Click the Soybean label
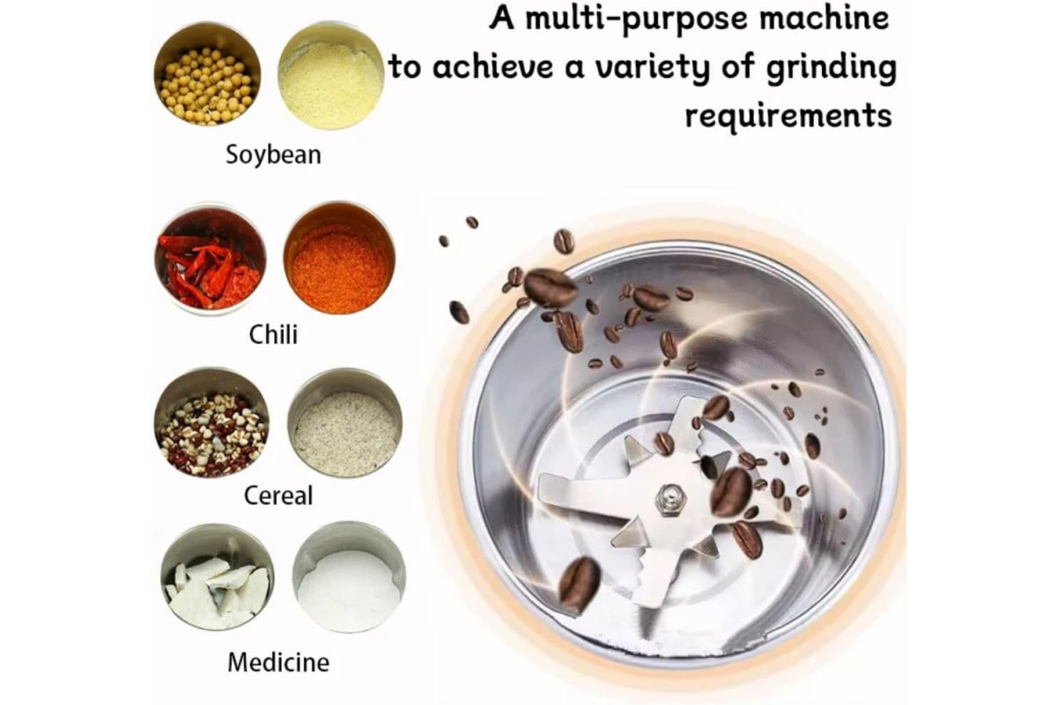tap(274, 155)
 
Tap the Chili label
tap(273, 335)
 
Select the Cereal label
tap(278, 495)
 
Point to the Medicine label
tap(278, 662)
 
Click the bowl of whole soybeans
tap(207, 74)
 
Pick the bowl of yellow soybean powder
tap(331, 76)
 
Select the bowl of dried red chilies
tap(211, 259)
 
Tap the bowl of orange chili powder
tap(339, 259)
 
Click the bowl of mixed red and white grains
tap(212, 423)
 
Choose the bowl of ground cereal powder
tap(345, 424)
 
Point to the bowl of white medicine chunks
tap(217, 577)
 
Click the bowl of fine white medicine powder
tap(349, 577)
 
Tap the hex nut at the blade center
tap(669, 499)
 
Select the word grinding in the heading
tap(831, 69)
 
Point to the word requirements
tap(788, 115)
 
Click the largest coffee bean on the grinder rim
tap(551, 287)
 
